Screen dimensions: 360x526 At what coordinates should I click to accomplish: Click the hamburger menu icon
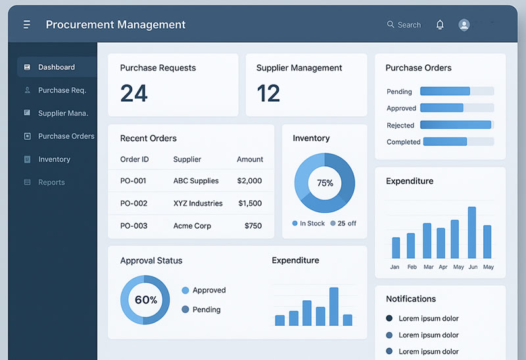[x=27, y=25]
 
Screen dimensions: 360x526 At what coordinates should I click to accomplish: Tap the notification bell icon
[x=440, y=25]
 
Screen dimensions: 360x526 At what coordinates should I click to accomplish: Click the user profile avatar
[x=464, y=25]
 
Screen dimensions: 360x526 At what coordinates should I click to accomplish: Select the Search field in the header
[x=404, y=25]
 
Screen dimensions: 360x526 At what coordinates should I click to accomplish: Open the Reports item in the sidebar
[x=51, y=183]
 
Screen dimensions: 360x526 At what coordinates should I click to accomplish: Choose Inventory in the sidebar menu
[x=54, y=160]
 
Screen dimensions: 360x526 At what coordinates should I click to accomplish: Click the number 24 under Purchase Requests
[x=134, y=93]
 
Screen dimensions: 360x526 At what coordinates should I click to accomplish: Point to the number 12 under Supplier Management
[x=268, y=93]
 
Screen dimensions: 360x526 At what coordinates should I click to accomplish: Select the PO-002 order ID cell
[x=133, y=204]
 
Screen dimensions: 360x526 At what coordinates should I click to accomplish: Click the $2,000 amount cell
[x=250, y=181]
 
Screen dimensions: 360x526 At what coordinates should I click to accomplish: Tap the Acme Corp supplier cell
[x=192, y=226]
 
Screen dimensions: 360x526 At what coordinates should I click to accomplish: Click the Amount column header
[x=250, y=160]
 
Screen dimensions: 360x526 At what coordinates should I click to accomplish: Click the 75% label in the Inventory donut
[x=325, y=183]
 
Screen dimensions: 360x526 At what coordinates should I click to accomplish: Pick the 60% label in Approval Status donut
[x=145, y=300]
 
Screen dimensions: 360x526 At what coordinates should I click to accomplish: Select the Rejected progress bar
[x=456, y=125]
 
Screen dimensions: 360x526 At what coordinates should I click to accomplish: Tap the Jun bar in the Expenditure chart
[x=471, y=233]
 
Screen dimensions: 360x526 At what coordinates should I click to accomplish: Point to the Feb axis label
[x=412, y=267]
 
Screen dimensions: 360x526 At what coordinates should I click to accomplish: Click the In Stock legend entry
[x=308, y=223]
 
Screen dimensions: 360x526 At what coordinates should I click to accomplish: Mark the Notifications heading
[x=411, y=299]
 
